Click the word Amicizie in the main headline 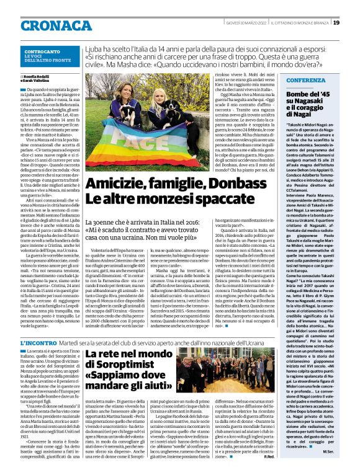pyautogui.click(x=117, y=166)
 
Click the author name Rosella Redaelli pyautogui.click(x=39, y=76)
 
